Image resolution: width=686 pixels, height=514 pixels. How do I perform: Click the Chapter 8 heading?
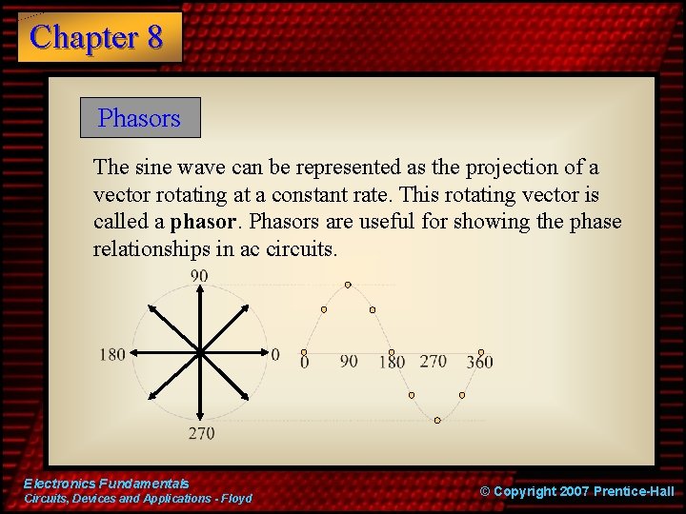(97, 37)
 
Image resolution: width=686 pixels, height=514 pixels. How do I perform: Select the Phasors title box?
(139, 118)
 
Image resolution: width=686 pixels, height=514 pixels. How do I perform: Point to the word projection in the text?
(508, 168)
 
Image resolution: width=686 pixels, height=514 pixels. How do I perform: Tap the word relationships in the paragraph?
(151, 249)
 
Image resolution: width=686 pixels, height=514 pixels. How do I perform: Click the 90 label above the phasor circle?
(199, 276)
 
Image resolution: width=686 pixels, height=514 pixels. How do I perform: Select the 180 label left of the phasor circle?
(112, 354)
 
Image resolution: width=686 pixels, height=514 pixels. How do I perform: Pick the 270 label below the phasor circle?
(201, 433)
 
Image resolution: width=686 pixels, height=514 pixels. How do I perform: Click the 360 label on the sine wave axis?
(479, 362)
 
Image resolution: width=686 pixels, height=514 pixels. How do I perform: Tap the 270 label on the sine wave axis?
(433, 362)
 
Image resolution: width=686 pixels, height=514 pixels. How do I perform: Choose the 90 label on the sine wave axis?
(349, 362)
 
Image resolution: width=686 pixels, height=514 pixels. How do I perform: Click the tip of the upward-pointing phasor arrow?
(199, 288)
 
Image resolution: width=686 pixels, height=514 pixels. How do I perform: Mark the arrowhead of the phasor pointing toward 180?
(132, 353)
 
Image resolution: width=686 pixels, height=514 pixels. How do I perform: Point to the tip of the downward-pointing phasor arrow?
(199, 420)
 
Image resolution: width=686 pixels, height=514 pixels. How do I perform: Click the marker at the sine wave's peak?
(348, 285)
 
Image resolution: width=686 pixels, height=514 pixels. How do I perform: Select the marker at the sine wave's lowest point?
(437, 420)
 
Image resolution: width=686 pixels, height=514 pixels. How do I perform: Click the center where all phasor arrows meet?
(199, 353)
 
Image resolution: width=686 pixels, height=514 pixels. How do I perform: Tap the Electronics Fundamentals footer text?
(107, 484)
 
